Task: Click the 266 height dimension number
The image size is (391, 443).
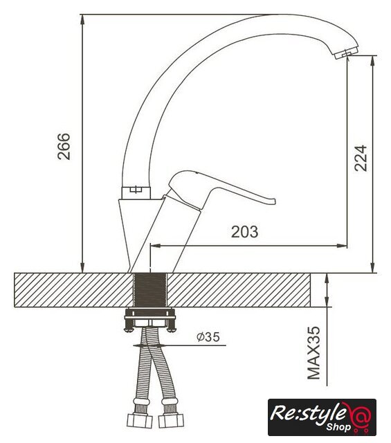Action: coord(64,146)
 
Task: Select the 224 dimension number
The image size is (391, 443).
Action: coord(361,159)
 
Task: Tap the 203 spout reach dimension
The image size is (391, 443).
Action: coord(245,232)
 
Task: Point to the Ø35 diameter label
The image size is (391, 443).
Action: coord(208,337)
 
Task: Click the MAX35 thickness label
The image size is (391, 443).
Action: coord(313,353)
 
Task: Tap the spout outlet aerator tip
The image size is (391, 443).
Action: coord(346,53)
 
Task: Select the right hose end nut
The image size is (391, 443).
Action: coord(171,421)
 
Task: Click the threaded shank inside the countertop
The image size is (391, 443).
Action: coord(150,290)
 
